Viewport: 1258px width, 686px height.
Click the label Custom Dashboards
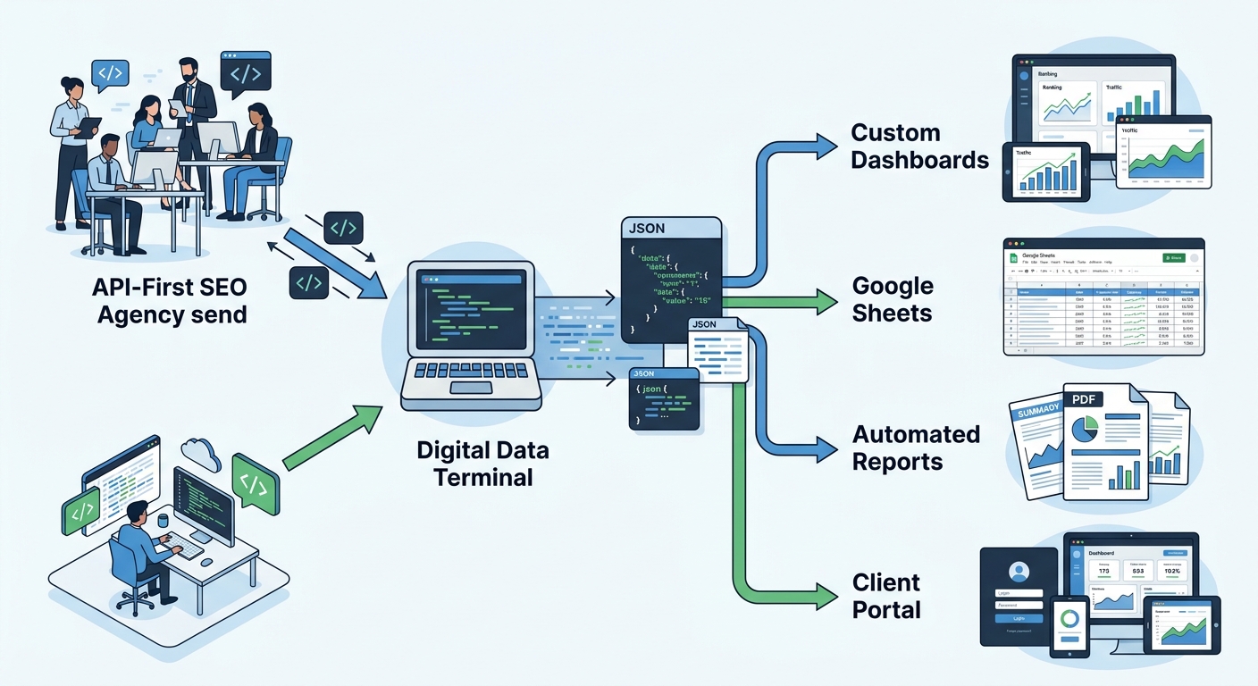(x=919, y=146)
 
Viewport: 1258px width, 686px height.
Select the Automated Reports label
(x=916, y=448)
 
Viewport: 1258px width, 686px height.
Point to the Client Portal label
(x=886, y=596)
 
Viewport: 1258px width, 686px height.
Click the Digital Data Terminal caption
(x=482, y=463)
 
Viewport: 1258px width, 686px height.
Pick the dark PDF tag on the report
(x=1083, y=399)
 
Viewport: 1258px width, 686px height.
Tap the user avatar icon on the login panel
(x=1019, y=571)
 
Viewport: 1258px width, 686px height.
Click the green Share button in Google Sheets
(x=1173, y=257)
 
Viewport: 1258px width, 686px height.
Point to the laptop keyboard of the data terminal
(x=469, y=371)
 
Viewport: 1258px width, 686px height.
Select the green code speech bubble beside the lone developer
(x=255, y=483)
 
